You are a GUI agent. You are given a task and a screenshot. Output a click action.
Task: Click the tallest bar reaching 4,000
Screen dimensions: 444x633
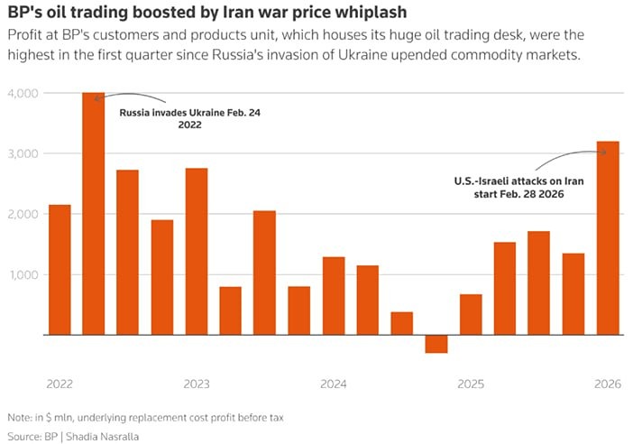click(x=93, y=213)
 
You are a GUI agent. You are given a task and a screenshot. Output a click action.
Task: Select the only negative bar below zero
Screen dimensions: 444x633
click(x=436, y=344)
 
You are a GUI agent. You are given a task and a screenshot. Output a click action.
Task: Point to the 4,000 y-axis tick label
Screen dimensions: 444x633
click(x=21, y=93)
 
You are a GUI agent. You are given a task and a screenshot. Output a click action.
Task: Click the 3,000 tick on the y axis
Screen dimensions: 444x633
click(x=21, y=153)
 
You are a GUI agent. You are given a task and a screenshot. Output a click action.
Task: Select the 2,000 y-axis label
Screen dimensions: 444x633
click(x=21, y=214)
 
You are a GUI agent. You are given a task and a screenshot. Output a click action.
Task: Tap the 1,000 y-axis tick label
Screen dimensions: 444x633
click(x=21, y=274)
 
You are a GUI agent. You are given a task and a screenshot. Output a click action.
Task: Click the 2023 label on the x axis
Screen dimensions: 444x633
click(x=196, y=384)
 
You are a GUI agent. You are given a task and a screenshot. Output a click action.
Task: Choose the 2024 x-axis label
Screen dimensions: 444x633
click(x=334, y=384)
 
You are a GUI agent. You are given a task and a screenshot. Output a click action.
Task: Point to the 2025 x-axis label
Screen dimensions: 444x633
click(x=471, y=384)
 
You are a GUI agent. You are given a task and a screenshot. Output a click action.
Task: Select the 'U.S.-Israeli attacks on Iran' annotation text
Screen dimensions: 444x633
click(x=519, y=181)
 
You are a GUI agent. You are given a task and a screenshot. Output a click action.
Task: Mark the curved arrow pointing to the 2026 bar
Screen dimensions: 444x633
click(x=564, y=158)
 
